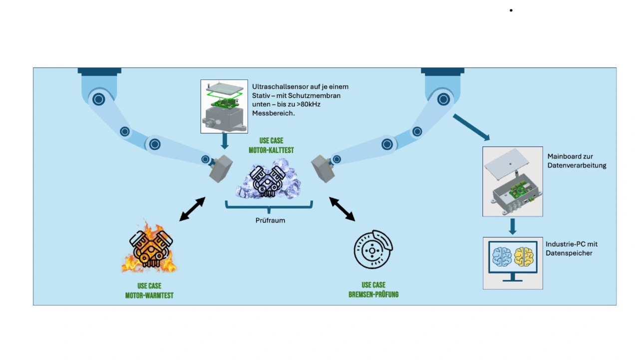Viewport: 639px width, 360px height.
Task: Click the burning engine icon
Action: pos(149,247)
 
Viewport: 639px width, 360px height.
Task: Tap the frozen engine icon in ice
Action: pos(268,179)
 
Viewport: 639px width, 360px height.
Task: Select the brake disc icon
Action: pos(373,249)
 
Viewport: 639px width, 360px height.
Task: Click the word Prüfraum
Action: pos(270,221)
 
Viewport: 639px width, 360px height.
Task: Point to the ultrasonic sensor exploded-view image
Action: pos(224,106)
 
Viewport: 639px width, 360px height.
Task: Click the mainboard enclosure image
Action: pos(513,182)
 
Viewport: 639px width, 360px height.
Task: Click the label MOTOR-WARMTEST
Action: pos(149,296)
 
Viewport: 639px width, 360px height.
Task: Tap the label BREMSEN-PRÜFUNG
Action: pos(373,295)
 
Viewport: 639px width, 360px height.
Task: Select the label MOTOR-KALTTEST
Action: pos(271,150)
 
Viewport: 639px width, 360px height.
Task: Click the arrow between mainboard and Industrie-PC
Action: pos(513,227)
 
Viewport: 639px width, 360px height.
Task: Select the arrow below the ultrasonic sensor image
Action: pos(225,141)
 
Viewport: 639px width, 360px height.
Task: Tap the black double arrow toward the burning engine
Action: pos(192,209)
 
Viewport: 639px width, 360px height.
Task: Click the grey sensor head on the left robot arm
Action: pos(221,169)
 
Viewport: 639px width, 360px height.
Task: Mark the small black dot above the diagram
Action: pos(511,10)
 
